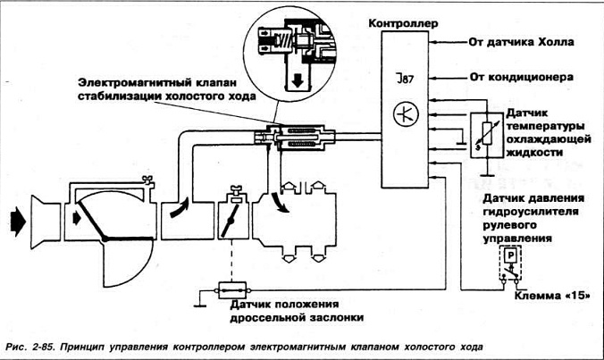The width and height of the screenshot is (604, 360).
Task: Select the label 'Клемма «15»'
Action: point(553,295)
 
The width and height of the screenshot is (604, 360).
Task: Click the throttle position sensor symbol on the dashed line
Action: point(232,290)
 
